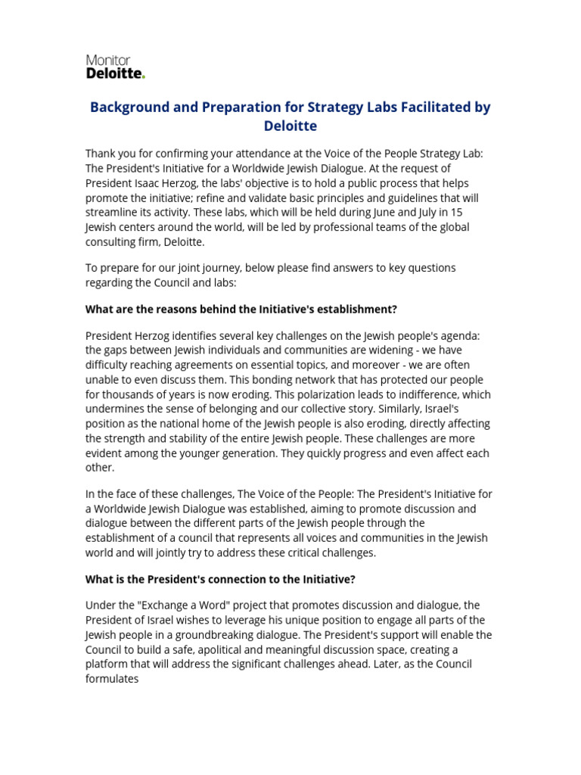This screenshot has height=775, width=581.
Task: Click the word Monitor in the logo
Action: pos(108,60)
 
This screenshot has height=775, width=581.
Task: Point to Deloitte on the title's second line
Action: pos(290,126)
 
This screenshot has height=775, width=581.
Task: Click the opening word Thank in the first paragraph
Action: pos(102,154)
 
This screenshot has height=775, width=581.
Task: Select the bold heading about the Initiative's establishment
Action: pos(241,309)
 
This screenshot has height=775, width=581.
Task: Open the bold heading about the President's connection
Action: pos(220,579)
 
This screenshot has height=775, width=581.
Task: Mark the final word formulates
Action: pos(112,679)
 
